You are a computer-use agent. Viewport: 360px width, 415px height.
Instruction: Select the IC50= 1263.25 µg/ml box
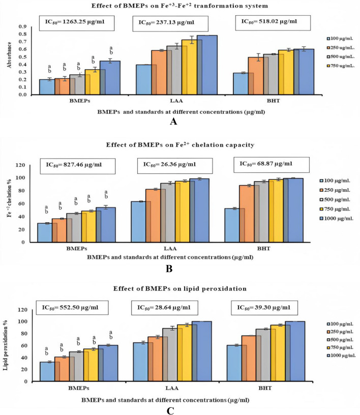[x=77, y=22]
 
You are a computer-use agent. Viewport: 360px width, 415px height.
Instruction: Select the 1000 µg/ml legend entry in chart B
[x=337, y=218]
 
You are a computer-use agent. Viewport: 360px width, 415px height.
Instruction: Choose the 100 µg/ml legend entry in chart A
[x=338, y=38]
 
